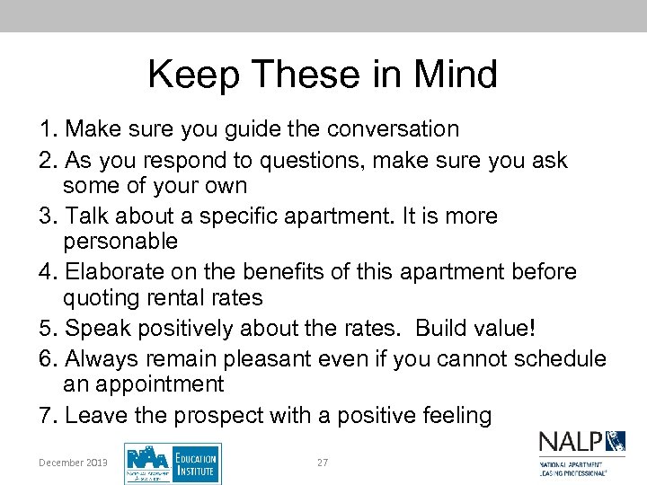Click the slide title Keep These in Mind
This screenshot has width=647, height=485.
(323, 74)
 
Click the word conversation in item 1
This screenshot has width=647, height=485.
(392, 129)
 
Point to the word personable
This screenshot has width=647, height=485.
(120, 242)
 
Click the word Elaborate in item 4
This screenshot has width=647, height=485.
(119, 272)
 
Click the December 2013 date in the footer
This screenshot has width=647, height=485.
(73, 463)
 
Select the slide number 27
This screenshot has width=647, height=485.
(323, 463)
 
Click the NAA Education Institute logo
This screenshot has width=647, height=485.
(173, 463)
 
